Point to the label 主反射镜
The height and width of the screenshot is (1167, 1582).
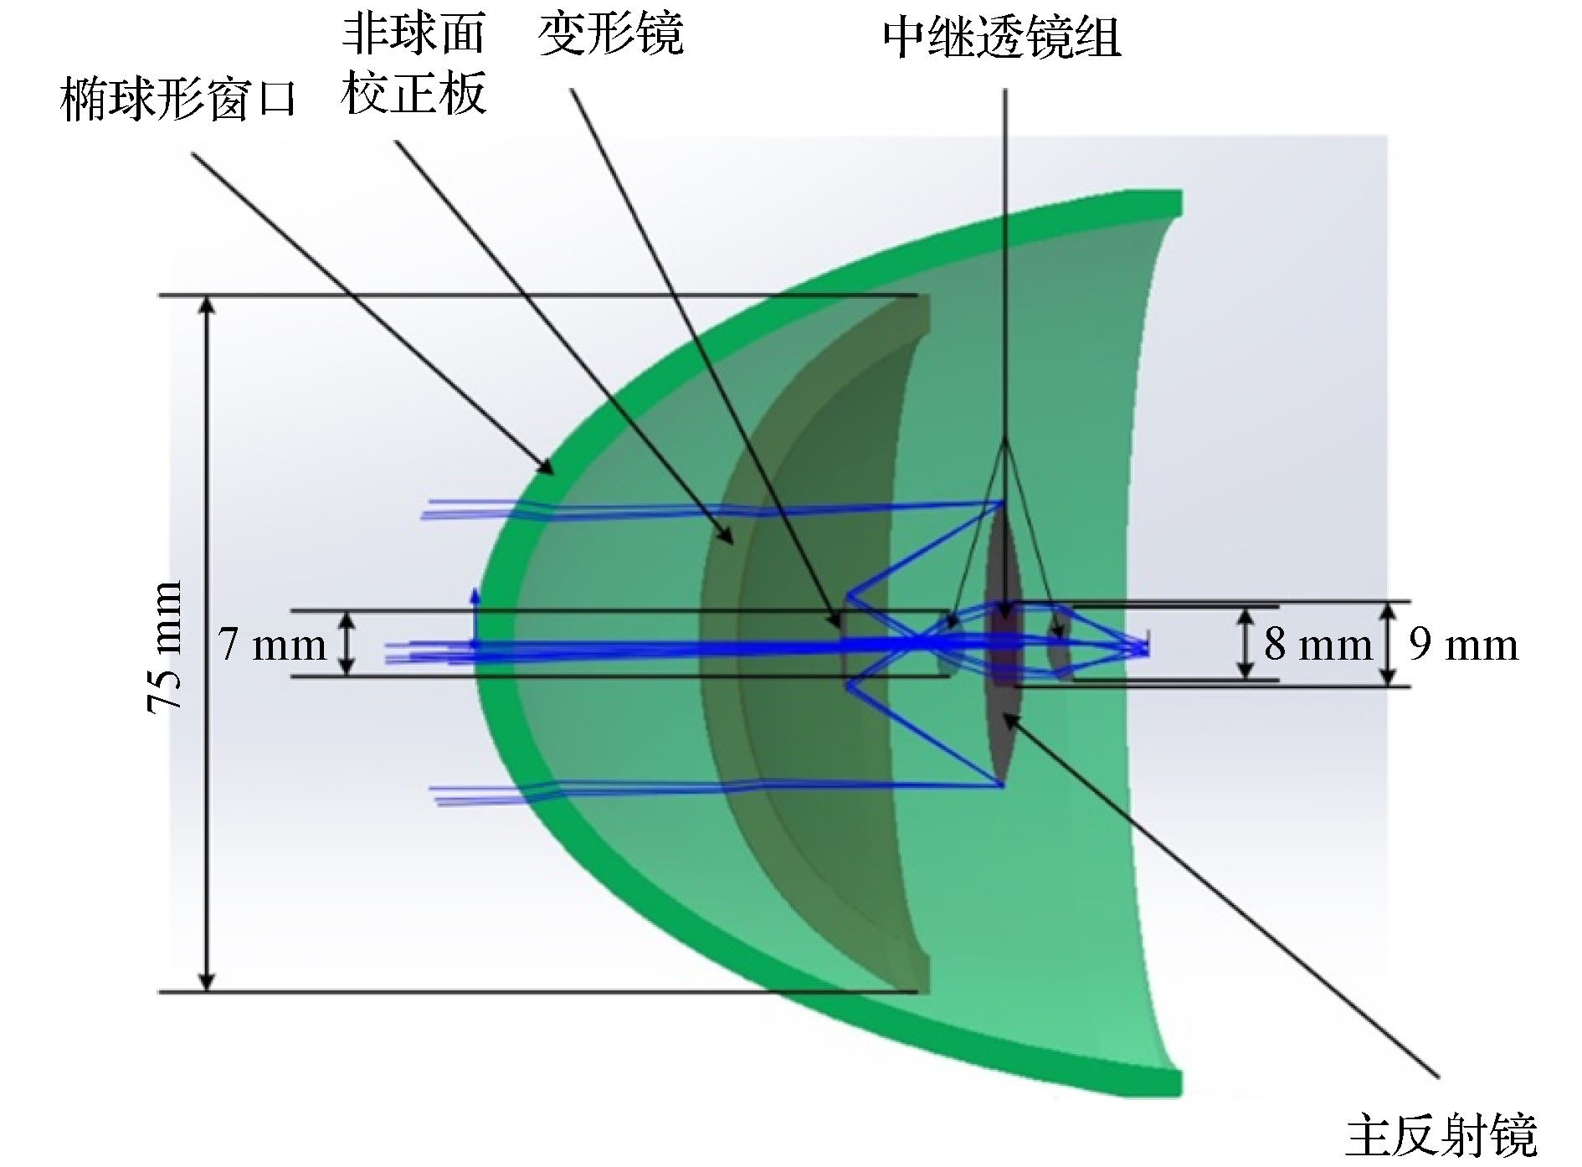pyautogui.click(x=1441, y=1134)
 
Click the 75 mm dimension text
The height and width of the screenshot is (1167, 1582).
pyautogui.click(x=164, y=646)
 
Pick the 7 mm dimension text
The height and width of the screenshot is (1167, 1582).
pyautogui.click(x=273, y=645)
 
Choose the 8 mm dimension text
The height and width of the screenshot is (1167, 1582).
pyautogui.click(x=1318, y=645)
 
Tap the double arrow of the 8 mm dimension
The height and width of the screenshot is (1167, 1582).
pyautogui.click(x=1246, y=643)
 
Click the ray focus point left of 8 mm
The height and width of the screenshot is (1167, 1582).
pyautogui.click(x=1145, y=646)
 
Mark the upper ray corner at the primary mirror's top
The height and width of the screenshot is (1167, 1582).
pyautogui.click(x=1003, y=502)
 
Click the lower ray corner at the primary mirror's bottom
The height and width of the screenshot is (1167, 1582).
pyautogui.click(x=1003, y=786)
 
